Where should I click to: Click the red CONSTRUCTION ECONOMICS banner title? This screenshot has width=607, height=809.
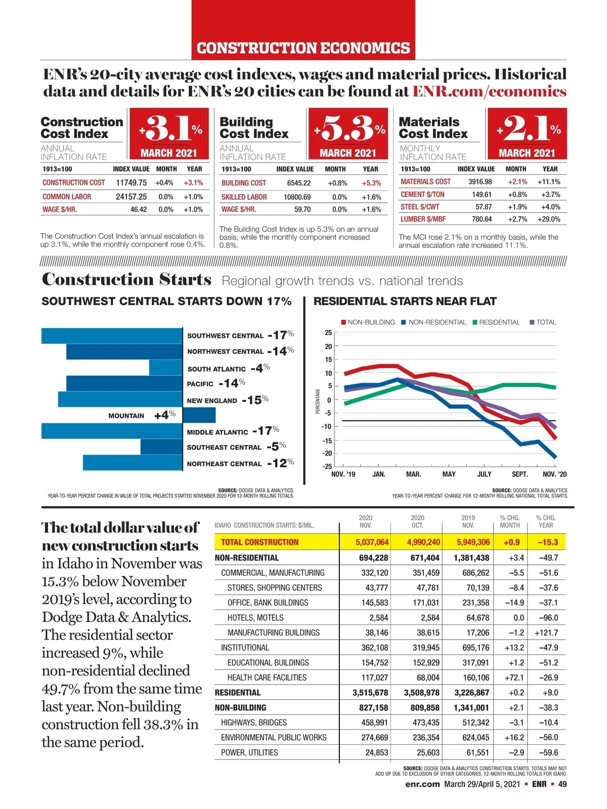(x=303, y=48)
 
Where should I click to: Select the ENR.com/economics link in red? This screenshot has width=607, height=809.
(x=489, y=92)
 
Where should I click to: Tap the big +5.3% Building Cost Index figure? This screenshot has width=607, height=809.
(x=349, y=129)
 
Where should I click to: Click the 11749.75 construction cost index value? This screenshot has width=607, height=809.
(x=131, y=183)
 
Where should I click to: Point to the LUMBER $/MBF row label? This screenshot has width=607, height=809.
(x=423, y=219)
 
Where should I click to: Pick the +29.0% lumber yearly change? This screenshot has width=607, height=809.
(x=548, y=219)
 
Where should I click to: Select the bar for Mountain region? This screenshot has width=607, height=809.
(x=199, y=415)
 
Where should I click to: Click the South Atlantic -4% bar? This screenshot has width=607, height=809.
(x=165, y=368)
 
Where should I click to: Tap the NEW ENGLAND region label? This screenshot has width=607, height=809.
(x=212, y=400)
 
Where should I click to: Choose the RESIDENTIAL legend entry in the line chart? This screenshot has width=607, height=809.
(x=499, y=322)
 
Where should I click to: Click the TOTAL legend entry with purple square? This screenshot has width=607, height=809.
(x=546, y=322)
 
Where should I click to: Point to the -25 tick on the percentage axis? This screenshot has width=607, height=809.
(x=328, y=466)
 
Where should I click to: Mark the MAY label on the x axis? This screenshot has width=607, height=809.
(x=449, y=474)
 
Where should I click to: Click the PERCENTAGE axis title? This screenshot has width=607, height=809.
(x=318, y=401)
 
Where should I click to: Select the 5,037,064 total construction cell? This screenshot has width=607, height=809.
(x=372, y=542)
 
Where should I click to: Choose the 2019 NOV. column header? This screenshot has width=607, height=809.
(x=468, y=521)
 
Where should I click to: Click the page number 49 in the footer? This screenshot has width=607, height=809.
(x=562, y=784)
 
